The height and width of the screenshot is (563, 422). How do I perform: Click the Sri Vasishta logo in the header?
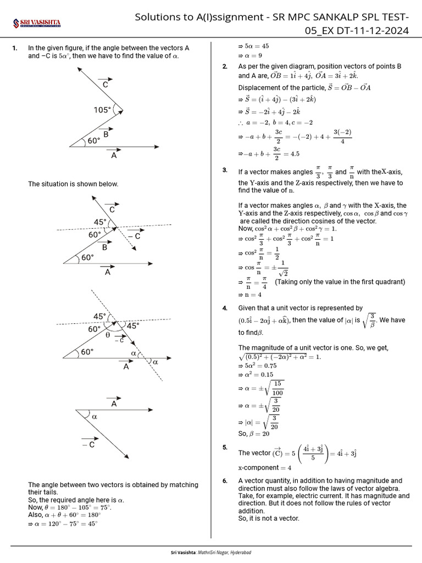pyautogui.click(x=37, y=23)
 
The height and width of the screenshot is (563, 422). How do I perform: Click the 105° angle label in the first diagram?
pyautogui.click(x=102, y=110)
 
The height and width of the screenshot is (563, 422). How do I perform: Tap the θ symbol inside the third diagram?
pyautogui.click(x=107, y=334)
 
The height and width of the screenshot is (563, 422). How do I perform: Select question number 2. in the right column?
pyautogui.click(x=225, y=67)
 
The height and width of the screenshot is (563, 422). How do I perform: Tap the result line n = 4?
pyautogui.click(x=252, y=294)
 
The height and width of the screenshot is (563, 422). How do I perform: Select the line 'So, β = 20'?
pyautogui.click(x=254, y=434)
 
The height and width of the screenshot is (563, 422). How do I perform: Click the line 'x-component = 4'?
pyautogui.click(x=265, y=467)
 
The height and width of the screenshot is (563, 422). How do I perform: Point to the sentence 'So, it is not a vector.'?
pyautogui.click(x=268, y=518)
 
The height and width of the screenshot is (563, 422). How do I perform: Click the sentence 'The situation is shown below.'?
pyautogui.click(x=73, y=184)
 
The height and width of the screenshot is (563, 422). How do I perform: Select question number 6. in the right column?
pyautogui.click(x=225, y=481)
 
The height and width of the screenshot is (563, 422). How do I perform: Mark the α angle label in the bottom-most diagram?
pyautogui.click(x=95, y=417)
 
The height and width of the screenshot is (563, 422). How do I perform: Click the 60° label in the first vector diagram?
pyautogui.click(x=94, y=141)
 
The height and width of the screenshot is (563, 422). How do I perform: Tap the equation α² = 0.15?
pyautogui.click(x=256, y=374)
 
